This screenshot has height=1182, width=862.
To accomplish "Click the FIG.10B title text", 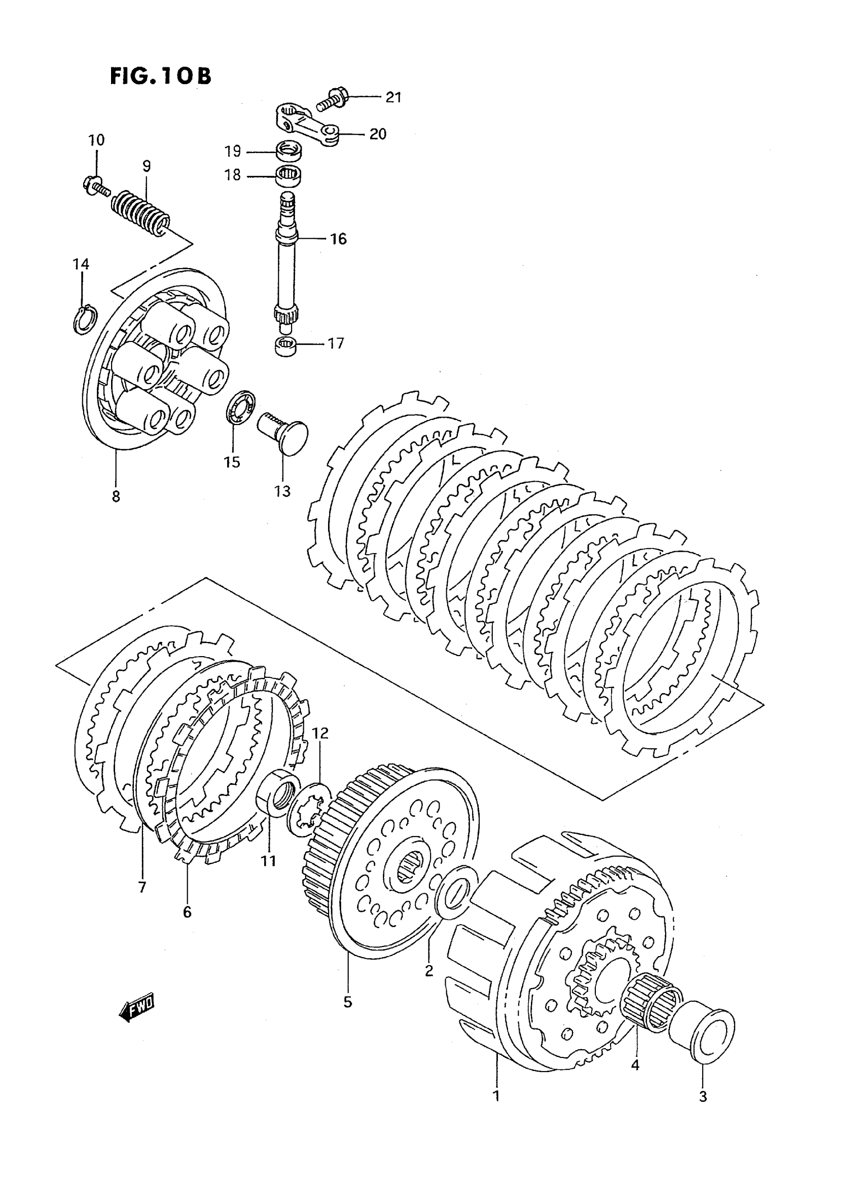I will [160, 75].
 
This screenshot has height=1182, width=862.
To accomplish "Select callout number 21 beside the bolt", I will [393, 97].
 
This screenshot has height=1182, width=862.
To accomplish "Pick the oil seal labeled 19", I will [289, 151].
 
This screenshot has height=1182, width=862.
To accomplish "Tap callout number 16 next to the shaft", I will [339, 239].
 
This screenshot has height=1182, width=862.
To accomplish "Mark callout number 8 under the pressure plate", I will [116, 497].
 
